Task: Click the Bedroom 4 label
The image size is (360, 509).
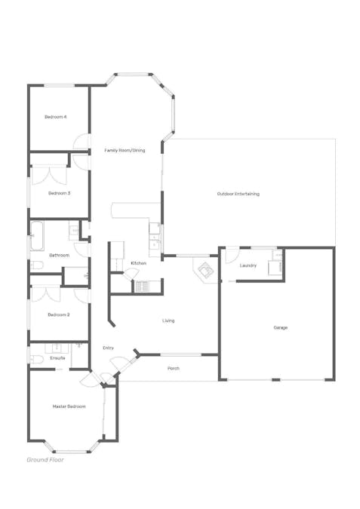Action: click(x=56, y=117)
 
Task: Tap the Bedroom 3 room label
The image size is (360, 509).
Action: click(x=59, y=193)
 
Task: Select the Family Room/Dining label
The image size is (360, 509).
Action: click(x=125, y=150)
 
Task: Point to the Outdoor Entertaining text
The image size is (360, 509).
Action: click(x=238, y=194)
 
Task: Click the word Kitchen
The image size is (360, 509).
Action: click(x=138, y=263)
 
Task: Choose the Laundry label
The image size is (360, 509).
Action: click(x=248, y=265)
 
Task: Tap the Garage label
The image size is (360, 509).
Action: click(x=281, y=328)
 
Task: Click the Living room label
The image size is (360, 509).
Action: click(x=168, y=320)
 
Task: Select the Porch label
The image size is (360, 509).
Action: click(x=174, y=369)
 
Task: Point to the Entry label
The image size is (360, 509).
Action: click(x=108, y=348)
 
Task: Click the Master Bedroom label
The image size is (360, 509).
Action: click(x=69, y=406)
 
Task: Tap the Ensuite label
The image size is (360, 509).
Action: click(x=57, y=358)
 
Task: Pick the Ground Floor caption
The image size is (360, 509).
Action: click(x=45, y=460)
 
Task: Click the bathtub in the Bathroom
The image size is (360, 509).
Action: click(x=37, y=236)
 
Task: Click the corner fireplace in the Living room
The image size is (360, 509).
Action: click(x=205, y=270)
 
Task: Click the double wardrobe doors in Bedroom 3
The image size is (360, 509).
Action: click(x=49, y=175)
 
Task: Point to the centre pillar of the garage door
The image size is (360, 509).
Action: click(x=275, y=379)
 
